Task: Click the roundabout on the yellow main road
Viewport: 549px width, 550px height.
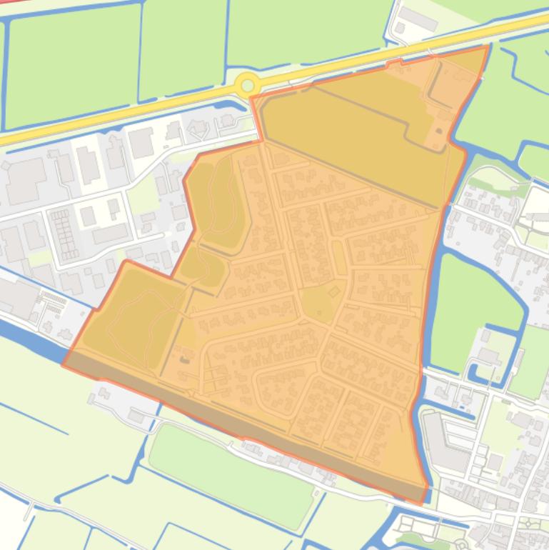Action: pos(247,86)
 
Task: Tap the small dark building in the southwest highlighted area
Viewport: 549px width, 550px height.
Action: pos(185,356)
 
